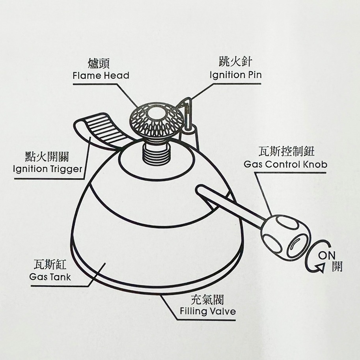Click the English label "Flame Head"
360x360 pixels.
click(101, 75)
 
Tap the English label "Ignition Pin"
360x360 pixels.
click(235, 75)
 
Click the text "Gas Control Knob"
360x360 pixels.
click(285, 164)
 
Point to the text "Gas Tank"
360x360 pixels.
click(50, 277)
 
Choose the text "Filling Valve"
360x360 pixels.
click(207, 311)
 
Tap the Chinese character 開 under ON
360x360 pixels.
click(336, 266)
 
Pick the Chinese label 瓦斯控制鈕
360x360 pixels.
click(285, 151)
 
